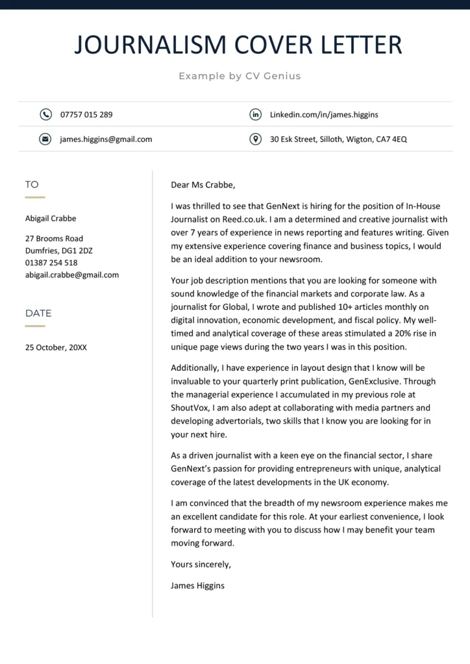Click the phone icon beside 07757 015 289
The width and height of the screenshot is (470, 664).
tap(45, 114)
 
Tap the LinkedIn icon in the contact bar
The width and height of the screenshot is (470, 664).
tap(256, 114)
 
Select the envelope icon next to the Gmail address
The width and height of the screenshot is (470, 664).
tap(45, 139)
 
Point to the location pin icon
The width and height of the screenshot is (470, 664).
tap(256, 139)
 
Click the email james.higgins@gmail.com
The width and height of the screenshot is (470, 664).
tap(106, 139)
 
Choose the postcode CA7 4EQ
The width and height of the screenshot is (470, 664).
tap(391, 139)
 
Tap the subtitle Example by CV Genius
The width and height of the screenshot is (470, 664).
tap(240, 76)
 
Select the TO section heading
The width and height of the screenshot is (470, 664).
tap(32, 185)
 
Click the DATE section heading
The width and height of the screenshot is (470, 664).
tap(38, 313)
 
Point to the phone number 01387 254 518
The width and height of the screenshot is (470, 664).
tap(51, 263)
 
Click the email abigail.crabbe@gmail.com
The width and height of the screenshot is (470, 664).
tap(72, 274)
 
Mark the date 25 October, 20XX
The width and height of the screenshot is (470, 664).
tap(56, 347)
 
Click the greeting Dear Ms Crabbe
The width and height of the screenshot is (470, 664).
tap(203, 185)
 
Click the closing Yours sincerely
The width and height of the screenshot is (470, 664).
tap(201, 564)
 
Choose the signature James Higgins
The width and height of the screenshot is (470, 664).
tap(197, 585)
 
